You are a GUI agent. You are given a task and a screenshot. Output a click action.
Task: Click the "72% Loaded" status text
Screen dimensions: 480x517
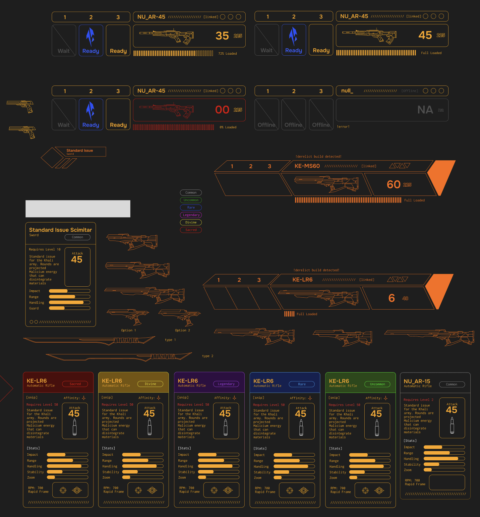pos(227,54)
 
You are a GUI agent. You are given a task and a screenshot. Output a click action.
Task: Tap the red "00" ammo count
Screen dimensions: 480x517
pos(222,110)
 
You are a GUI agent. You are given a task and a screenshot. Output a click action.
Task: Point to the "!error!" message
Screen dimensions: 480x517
pos(343,127)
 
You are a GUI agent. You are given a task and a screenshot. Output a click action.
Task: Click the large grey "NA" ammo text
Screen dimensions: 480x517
pos(425,110)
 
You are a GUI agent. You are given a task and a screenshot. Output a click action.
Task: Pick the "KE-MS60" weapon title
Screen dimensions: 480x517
pos(307,166)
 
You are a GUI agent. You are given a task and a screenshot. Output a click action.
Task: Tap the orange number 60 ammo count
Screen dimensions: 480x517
pos(393,184)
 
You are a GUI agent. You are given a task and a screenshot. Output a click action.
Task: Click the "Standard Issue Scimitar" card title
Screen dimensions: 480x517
pos(60,230)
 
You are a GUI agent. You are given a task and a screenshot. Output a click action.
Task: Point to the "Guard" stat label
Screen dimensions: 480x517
pos(34,308)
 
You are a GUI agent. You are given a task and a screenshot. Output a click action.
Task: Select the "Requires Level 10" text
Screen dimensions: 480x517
pos(45,250)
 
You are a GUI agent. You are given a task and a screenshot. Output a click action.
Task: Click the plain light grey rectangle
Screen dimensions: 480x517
pos(78,209)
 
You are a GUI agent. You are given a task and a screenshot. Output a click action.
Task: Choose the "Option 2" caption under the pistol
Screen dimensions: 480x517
pos(182,330)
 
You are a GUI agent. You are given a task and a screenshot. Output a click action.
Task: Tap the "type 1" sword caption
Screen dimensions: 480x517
pos(170,340)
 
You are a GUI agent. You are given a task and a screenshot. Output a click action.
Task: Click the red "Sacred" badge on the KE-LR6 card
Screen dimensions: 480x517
pos(75,384)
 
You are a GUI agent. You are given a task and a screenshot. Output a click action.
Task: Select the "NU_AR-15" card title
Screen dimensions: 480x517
pos(417,381)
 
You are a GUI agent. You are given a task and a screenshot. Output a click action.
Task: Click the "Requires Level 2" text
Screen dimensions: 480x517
pos(418,400)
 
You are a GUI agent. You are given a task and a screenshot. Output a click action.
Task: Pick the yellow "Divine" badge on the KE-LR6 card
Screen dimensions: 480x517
pos(150,384)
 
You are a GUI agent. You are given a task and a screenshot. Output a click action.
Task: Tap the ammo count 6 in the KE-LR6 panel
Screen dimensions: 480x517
pos(391,298)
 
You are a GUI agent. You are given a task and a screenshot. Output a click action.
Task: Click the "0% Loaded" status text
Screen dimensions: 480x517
pos(228,127)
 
